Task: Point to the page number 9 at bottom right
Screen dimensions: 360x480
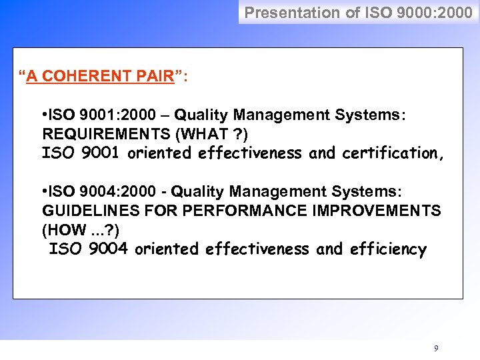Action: pos(436,348)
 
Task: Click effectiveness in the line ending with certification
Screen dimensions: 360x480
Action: pos(251,153)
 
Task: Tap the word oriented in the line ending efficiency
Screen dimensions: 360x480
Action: pos(167,249)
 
